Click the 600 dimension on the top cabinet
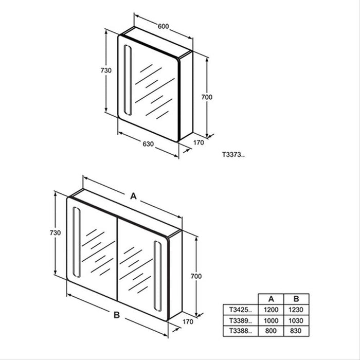coord(163,26)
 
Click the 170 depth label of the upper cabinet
coord(198,142)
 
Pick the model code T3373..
coord(233,153)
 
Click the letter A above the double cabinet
coord(133,195)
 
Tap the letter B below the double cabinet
coord(117,313)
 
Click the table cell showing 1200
coord(272,310)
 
